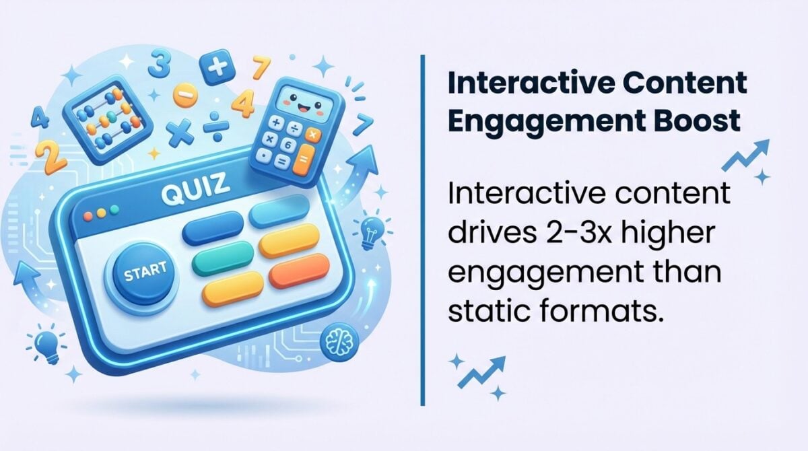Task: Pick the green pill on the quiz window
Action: point(222,258)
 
